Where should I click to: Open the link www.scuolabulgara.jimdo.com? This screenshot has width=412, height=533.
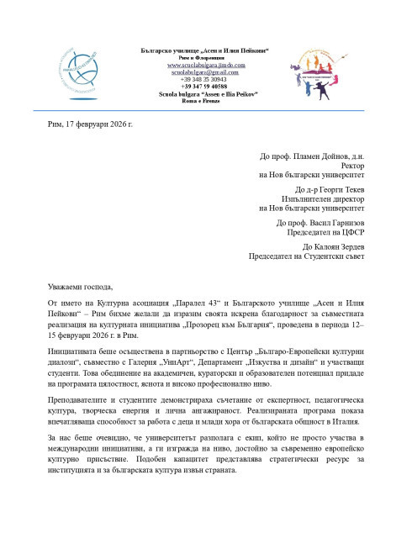pos(205,65)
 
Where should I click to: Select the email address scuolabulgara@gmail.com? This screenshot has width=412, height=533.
pos(205,72)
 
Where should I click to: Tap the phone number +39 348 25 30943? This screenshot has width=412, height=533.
pos(205,80)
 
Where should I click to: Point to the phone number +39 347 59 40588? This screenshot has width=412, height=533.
pos(205,87)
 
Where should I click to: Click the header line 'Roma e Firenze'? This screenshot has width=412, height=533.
pos(205,102)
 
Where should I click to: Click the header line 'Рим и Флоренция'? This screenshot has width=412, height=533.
pos(205,58)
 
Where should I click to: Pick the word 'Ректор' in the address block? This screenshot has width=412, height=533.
pos(351,166)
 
